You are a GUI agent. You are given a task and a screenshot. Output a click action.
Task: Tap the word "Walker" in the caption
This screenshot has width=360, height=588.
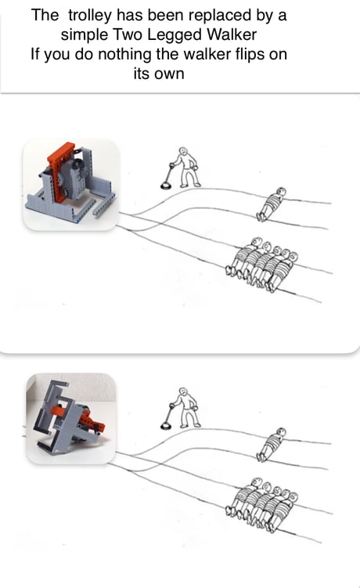(229, 35)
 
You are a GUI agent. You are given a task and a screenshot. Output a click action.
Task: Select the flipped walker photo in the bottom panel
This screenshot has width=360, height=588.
(70, 418)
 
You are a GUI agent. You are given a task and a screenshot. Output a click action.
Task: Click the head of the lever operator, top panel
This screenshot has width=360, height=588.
(183, 152)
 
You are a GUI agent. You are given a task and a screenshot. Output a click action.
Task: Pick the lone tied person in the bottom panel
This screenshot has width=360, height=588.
(271, 444)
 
